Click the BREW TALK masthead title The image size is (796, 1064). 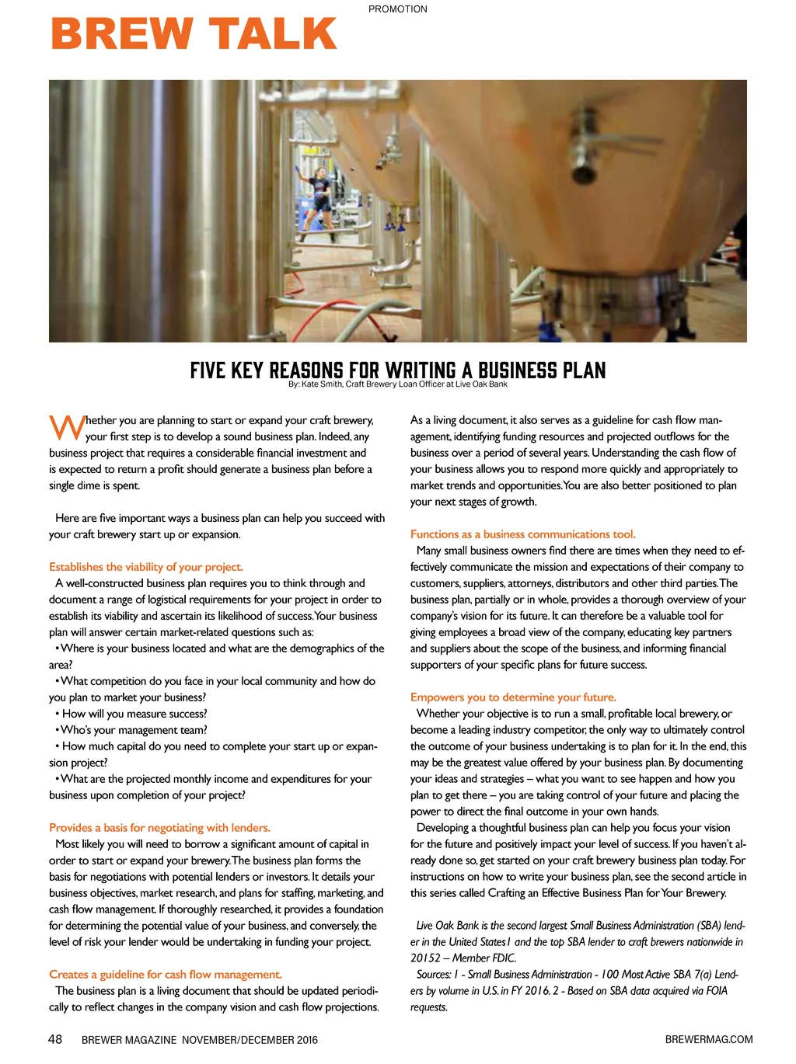194,34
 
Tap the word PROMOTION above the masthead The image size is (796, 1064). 397,9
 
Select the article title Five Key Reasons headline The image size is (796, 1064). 397,370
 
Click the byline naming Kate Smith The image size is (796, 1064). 397,384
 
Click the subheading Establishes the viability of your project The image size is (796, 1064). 146,567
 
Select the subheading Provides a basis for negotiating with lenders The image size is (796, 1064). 159,828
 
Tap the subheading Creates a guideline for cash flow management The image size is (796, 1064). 165,975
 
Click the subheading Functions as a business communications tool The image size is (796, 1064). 522,534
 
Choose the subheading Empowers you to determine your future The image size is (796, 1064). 513,697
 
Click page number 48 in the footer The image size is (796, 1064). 55,1039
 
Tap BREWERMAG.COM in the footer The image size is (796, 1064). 708,1039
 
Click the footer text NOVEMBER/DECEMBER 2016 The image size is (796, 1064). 250,1040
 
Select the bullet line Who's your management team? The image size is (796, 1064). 134,730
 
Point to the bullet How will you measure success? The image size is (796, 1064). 134,714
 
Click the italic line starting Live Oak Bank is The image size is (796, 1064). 580,926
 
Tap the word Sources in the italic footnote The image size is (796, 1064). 434,975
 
